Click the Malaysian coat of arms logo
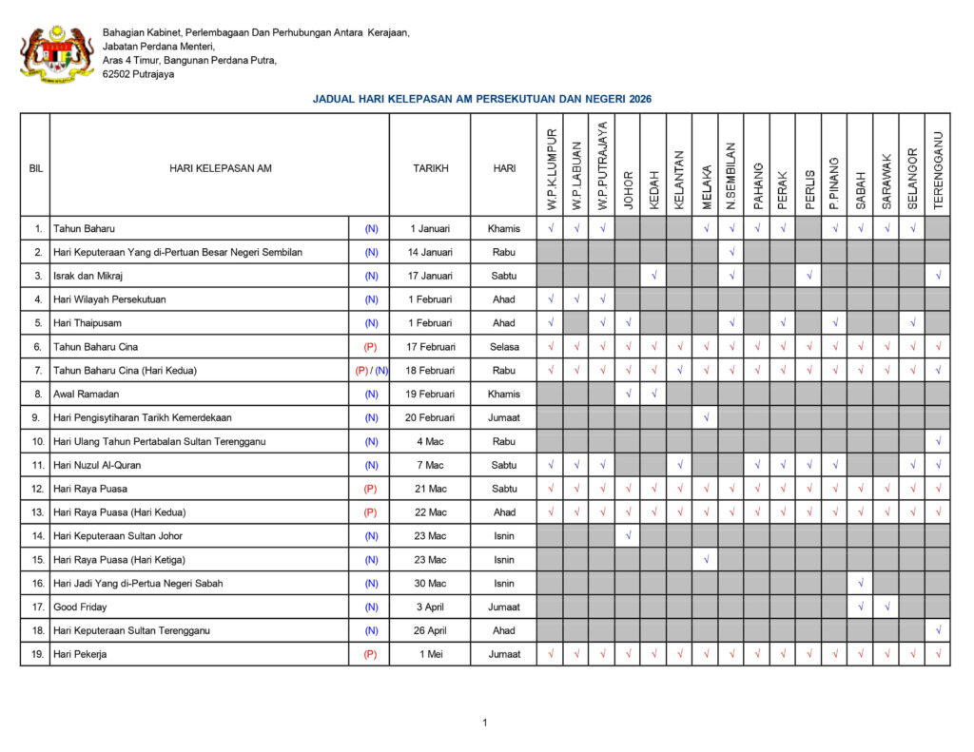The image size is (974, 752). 56,53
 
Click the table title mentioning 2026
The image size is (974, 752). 481,99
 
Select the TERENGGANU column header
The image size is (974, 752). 938,168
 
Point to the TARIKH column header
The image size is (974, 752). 430,168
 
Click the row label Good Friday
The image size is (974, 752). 80,607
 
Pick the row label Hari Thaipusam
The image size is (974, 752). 88,323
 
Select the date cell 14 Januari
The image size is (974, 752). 430,252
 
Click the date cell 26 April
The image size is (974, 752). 430,630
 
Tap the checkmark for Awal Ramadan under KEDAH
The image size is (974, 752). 653,394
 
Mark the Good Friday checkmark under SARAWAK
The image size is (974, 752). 886,607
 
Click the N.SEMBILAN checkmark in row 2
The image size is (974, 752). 731,252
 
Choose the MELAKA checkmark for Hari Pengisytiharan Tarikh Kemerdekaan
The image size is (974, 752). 706,417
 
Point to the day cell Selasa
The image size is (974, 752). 504,347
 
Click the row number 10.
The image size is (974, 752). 36,441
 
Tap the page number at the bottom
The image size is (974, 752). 484,723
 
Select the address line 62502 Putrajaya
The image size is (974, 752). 139,74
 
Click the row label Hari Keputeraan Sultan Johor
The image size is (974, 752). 119,536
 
